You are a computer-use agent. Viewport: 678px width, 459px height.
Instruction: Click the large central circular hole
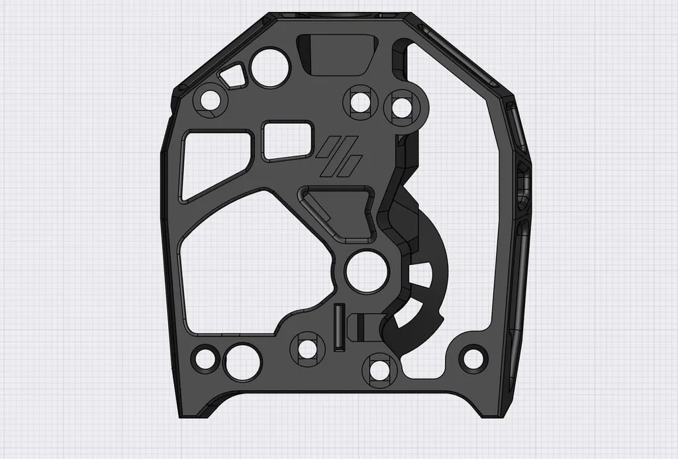tap(367, 272)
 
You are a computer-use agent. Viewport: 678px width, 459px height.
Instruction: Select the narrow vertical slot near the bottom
tap(339, 327)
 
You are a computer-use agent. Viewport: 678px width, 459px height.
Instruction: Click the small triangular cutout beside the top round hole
tap(233, 76)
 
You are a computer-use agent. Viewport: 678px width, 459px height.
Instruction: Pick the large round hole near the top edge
tap(270, 67)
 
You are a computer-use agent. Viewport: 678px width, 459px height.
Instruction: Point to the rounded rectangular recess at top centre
tap(337, 54)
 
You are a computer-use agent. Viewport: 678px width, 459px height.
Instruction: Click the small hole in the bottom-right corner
tap(473, 358)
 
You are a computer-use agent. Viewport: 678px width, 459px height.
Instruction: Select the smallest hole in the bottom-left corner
tap(205, 359)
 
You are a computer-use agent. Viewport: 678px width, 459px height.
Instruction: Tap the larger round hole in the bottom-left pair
tap(242, 362)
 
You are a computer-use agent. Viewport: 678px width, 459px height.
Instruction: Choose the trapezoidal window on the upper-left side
tap(214, 162)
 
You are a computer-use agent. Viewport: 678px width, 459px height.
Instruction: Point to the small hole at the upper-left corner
tap(210, 101)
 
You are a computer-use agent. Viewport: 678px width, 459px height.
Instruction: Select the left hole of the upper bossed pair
tap(360, 102)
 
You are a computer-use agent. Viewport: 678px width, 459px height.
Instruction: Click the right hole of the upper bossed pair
tap(402, 107)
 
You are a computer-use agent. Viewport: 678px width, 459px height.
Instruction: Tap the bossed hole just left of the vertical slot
tap(307, 348)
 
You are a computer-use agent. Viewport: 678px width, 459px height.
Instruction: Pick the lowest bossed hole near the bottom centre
tap(380, 369)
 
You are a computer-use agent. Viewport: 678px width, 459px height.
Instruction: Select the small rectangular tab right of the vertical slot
tap(360, 327)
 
